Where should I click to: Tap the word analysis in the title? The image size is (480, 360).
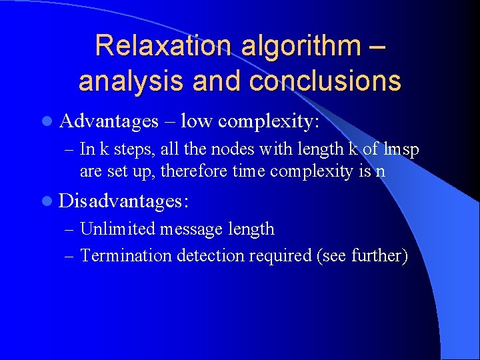127,81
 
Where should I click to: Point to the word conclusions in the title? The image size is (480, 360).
325,81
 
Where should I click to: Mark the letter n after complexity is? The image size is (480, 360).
380,171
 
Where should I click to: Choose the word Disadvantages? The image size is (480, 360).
124,200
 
